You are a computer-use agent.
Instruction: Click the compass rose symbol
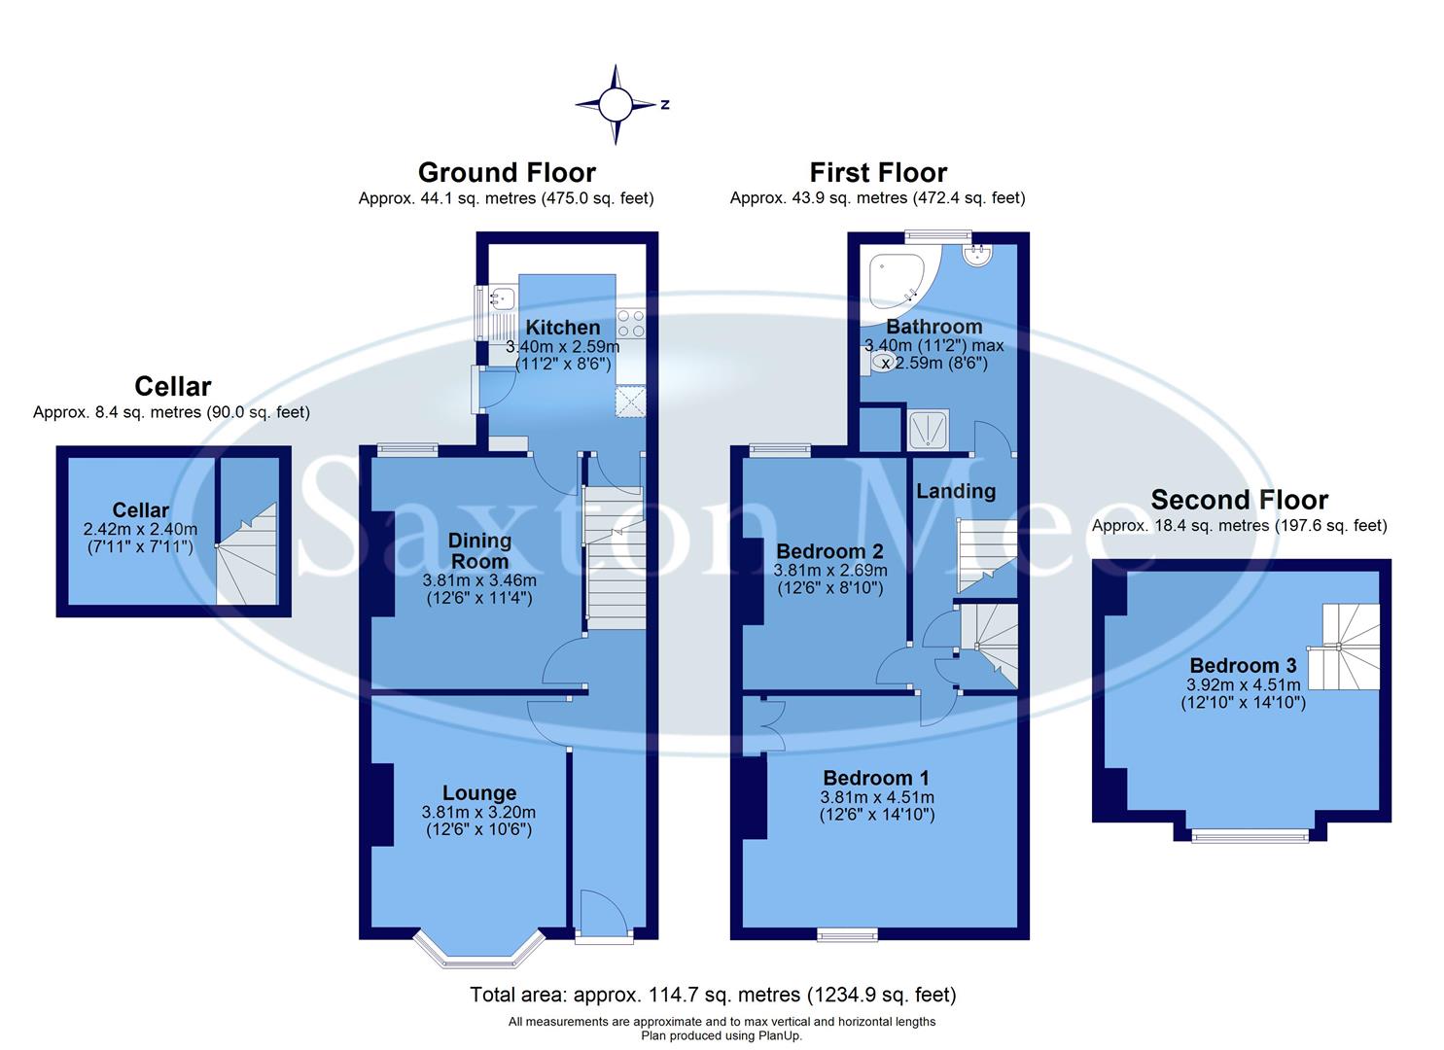point(615,104)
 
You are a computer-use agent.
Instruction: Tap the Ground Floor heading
point(507,173)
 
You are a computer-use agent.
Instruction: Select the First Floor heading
point(878,173)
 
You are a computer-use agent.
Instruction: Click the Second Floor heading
point(1239,501)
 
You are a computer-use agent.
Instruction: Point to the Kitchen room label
point(562,328)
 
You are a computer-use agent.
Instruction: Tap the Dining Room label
point(479,551)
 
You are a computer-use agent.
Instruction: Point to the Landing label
point(956,491)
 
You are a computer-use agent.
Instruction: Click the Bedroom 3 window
point(1250,833)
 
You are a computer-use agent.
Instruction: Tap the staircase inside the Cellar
point(247,552)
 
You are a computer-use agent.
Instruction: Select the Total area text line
point(713,995)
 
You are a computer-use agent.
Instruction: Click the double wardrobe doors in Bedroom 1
point(770,726)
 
